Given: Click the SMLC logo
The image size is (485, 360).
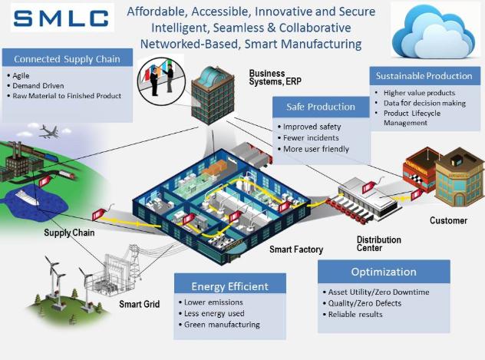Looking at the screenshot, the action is (x=62, y=18).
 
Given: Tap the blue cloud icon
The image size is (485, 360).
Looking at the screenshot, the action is (x=434, y=31).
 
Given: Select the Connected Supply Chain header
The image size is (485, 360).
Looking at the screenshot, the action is (x=67, y=59).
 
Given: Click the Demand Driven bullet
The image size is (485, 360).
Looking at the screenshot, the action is (x=38, y=86).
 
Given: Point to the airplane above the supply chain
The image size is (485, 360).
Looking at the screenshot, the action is (x=50, y=131).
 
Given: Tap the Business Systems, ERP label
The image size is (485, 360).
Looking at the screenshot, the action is (x=275, y=78).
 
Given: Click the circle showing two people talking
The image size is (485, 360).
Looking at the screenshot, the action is (x=161, y=81).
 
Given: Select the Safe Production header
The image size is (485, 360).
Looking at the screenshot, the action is (x=321, y=107).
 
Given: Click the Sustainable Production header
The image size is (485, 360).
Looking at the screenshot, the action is (x=424, y=76).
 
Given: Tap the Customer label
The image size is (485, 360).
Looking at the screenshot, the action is (x=448, y=220).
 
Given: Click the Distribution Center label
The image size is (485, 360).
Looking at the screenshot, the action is (x=378, y=244).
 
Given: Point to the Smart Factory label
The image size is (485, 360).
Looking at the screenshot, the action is (x=296, y=249).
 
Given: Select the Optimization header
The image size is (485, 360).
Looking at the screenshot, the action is (x=384, y=272).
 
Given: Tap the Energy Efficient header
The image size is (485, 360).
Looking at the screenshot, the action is (x=229, y=286).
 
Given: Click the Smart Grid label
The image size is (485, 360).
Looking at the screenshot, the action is (x=139, y=304).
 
